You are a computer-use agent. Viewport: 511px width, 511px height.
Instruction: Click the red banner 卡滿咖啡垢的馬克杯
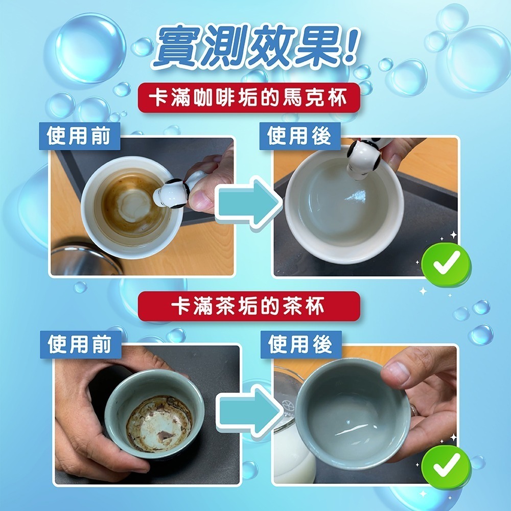[249, 98]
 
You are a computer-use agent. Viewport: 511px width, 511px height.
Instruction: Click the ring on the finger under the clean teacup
[413, 410]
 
